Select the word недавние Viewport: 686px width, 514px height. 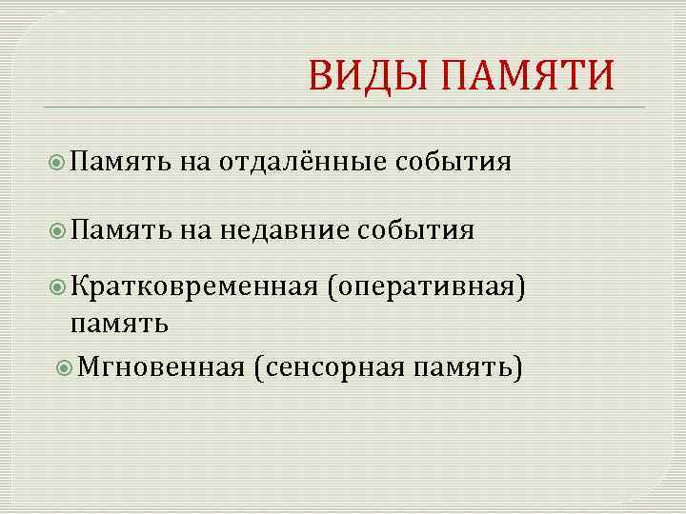(x=284, y=228)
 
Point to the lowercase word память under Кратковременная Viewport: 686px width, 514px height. (x=120, y=323)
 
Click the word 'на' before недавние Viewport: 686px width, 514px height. (x=195, y=228)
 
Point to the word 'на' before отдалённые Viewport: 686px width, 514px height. (x=195, y=162)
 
